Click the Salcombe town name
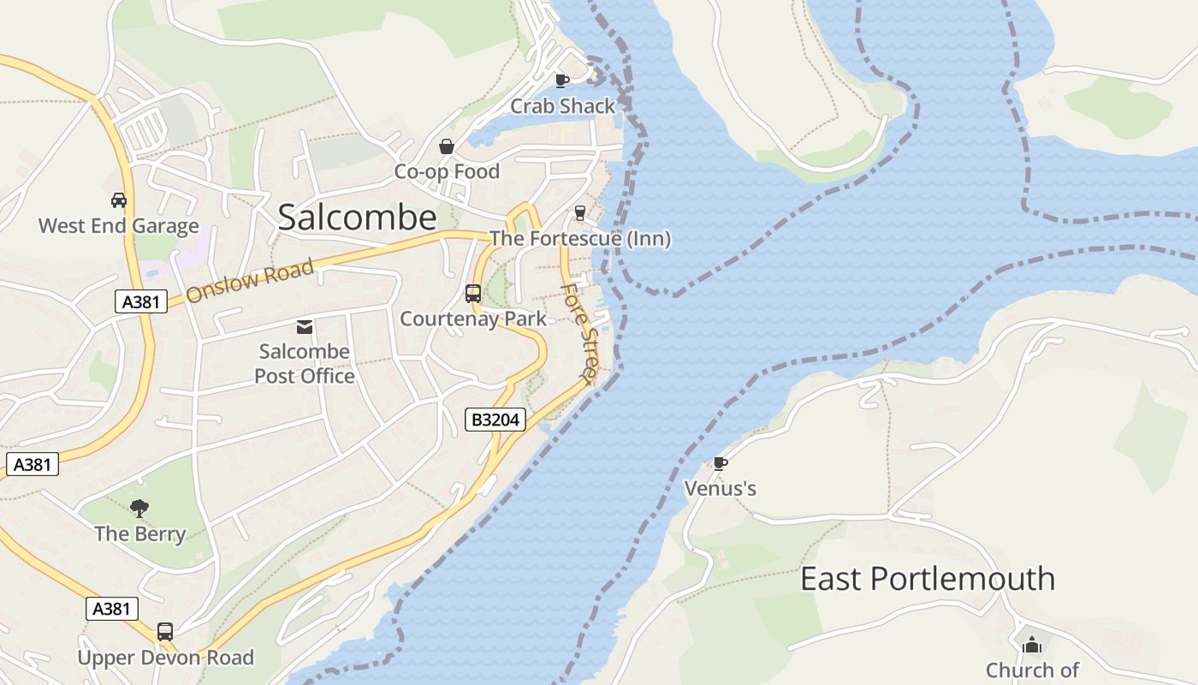[357, 217]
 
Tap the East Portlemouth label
[927, 579]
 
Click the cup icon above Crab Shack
[561, 80]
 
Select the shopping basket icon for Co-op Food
[446, 146]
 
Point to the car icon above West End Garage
[119, 200]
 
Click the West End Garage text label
[119, 226]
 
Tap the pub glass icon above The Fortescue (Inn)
[580, 213]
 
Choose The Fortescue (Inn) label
[580, 238]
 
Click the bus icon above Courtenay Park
[473, 294]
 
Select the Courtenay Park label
[473, 319]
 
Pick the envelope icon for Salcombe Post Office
[304, 326]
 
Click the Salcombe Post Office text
[304, 364]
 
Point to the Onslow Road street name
[250, 281]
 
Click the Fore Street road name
[579, 333]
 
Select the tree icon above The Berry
[139, 509]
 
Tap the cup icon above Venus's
[721, 463]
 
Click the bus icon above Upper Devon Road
[165, 632]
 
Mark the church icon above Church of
[1032, 644]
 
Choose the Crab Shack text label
[562, 106]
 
